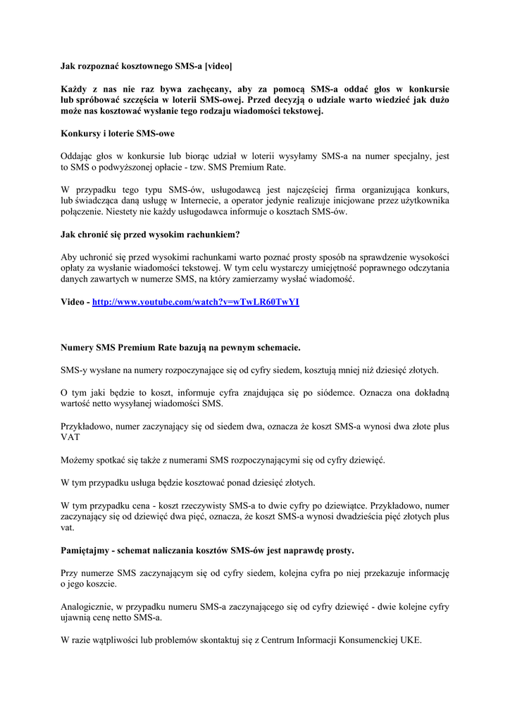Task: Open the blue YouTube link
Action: (x=196, y=302)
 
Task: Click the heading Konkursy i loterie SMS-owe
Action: (x=118, y=133)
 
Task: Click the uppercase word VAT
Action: (x=70, y=437)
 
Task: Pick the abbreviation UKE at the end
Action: (x=410, y=641)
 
